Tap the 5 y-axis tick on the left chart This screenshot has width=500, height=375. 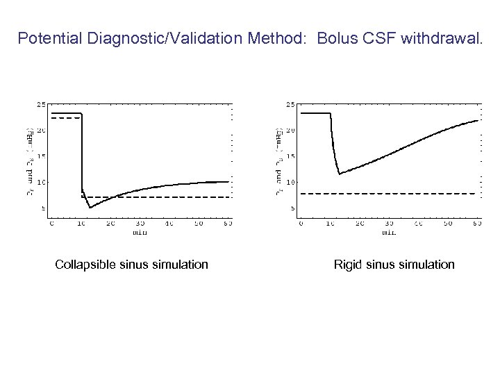pyautogui.click(x=43, y=208)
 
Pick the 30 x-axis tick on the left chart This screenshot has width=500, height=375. pyautogui.click(x=140, y=224)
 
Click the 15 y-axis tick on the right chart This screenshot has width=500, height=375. pyautogui.click(x=291, y=156)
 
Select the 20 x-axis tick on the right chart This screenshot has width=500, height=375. pyautogui.click(x=359, y=224)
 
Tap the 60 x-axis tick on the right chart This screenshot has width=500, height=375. pyautogui.click(x=476, y=224)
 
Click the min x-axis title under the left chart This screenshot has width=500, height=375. pyautogui.click(x=140, y=232)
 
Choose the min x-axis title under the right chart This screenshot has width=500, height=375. pyautogui.click(x=389, y=232)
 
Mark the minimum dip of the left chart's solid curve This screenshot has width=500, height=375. pyautogui.click(x=90, y=207)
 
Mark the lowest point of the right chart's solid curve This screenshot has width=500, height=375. pyautogui.click(x=339, y=174)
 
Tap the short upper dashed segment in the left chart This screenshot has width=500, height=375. pyautogui.click(x=62, y=119)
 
